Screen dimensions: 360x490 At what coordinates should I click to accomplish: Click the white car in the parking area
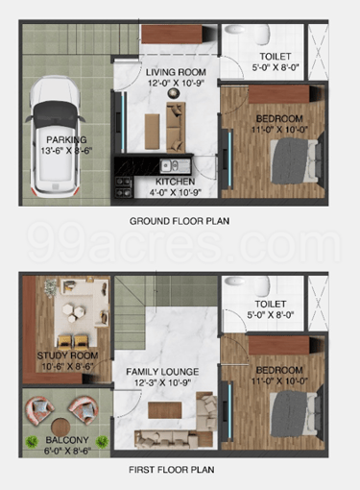tap(55, 137)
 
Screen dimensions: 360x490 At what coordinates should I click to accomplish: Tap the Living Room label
tap(176, 72)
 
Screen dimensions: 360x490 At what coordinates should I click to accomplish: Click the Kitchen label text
tap(175, 182)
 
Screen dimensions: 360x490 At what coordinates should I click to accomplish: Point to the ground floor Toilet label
tap(276, 57)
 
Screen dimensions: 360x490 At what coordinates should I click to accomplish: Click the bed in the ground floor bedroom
tap(296, 160)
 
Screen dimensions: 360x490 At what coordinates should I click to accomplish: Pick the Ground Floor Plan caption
tap(180, 221)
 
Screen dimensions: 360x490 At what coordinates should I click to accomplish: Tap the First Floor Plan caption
tap(172, 470)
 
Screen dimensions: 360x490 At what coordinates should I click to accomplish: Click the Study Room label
tap(67, 355)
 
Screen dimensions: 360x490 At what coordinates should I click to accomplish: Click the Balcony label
tap(67, 440)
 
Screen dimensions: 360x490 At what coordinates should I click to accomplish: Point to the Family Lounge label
tap(162, 372)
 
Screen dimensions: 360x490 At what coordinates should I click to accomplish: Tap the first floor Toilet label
tap(271, 304)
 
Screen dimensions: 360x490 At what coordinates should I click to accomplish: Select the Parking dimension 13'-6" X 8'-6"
tap(66, 151)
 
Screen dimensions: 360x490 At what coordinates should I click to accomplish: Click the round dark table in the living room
tap(173, 93)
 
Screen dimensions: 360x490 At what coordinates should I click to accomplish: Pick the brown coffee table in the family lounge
tap(165, 410)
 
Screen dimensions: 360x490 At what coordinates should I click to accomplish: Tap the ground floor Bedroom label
tap(279, 119)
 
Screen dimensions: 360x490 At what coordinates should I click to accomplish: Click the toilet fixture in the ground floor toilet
tap(261, 35)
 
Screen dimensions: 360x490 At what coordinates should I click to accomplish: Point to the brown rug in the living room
tap(152, 132)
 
